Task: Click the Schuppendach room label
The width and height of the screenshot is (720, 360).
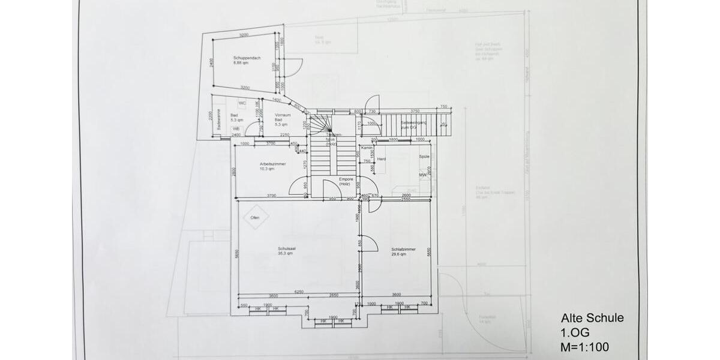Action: pyautogui.click(x=245, y=60)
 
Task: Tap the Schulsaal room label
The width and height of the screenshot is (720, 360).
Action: pyautogui.click(x=285, y=251)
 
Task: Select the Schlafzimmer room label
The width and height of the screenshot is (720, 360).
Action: pyautogui.click(x=403, y=251)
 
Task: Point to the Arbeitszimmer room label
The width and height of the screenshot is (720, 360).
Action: pyautogui.click(x=272, y=166)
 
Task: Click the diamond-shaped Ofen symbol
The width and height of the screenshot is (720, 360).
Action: pyautogui.click(x=255, y=217)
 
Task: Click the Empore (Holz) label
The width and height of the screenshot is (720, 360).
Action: pyautogui.click(x=344, y=181)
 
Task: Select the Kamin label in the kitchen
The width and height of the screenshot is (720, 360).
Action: pyautogui.click(x=367, y=148)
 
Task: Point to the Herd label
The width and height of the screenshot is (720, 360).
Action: pyautogui.click(x=381, y=158)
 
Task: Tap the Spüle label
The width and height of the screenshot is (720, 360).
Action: pyautogui.click(x=425, y=156)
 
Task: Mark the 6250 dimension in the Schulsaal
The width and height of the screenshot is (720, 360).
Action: pyautogui.click(x=298, y=292)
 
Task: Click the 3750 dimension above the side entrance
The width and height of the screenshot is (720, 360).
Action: pyautogui.click(x=415, y=111)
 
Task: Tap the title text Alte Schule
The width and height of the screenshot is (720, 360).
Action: pyautogui.click(x=592, y=319)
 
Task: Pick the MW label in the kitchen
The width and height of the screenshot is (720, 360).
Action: pyautogui.click(x=422, y=175)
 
